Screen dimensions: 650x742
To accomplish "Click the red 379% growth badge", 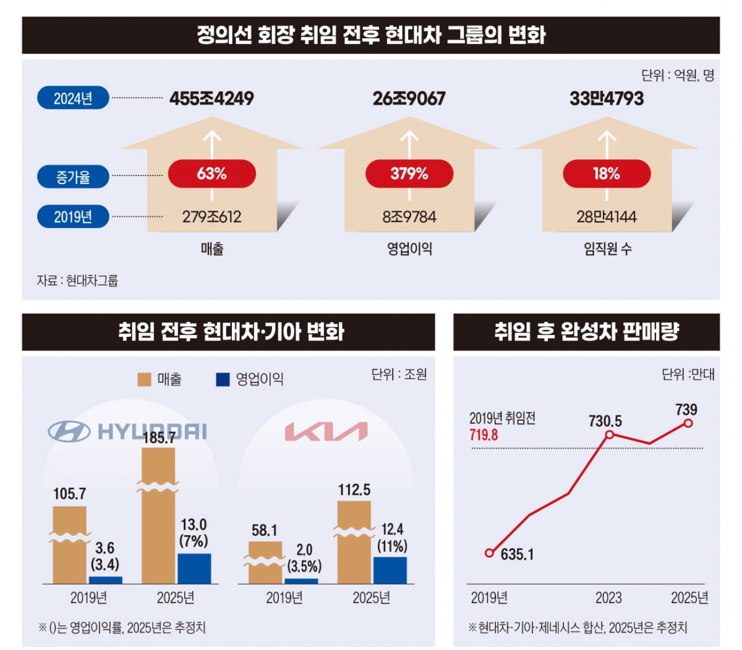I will (409, 174).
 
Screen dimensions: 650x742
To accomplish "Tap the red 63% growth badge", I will (211, 174).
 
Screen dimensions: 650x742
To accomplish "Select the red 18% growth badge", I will (606, 174).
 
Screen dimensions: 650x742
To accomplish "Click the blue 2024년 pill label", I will (73, 98).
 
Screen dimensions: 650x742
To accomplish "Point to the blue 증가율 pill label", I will (73, 177).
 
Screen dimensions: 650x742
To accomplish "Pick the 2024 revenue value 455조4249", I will (211, 98).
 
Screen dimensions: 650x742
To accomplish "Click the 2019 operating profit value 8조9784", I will (409, 217).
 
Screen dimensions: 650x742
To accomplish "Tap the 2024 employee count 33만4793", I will (606, 98).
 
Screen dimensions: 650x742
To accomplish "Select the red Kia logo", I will (326, 432).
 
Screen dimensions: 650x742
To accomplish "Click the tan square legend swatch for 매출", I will (144, 379).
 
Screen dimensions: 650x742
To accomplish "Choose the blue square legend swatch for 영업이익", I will (223, 379).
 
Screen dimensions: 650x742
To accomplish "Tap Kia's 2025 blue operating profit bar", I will (390, 570).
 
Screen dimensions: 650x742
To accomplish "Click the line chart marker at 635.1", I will (490, 553).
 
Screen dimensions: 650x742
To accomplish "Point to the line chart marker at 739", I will (688, 423).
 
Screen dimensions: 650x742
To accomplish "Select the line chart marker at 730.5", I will (609, 435).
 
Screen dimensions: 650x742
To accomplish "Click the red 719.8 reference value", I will (484, 435).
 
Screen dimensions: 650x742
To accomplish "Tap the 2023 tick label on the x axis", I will (608, 598).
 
